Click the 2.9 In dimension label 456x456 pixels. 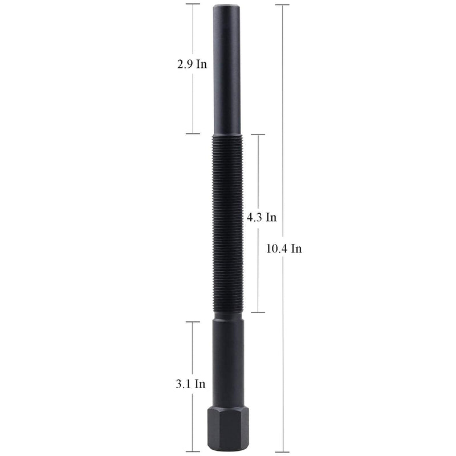tap(192, 64)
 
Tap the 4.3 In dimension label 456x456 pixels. tap(262, 217)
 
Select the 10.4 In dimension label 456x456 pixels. tap(284, 249)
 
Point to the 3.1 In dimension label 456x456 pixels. tap(190, 384)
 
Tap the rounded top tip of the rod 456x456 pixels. tap(227, 6)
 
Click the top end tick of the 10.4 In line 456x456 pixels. tap(282, 5)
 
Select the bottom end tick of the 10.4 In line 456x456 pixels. tap(282, 452)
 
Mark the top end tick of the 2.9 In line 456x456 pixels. tap(193, 4)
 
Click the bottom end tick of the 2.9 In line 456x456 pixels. tap(193, 133)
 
